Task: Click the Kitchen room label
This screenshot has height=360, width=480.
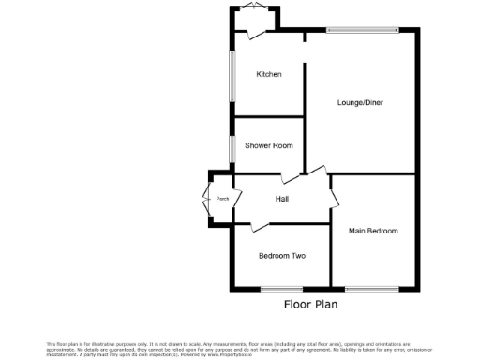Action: click(x=269, y=74)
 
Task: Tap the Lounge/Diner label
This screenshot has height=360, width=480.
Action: click(x=360, y=102)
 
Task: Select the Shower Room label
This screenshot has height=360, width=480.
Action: click(x=269, y=145)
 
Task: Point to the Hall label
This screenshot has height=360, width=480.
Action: click(x=281, y=199)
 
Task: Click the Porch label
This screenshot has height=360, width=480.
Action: click(x=222, y=199)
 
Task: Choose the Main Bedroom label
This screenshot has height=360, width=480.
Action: click(x=373, y=231)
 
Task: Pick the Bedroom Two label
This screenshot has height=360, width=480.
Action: click(x=281, y=255)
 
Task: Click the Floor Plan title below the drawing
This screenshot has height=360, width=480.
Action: click(x=310, y=304)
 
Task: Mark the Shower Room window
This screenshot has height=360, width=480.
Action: click(x=232, y=148)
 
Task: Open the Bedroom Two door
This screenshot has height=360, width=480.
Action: click(x=263, y=224)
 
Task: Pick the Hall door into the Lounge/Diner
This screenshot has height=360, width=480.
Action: click(x=315, y=172)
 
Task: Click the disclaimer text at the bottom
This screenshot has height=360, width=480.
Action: click(x=240, y=349)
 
